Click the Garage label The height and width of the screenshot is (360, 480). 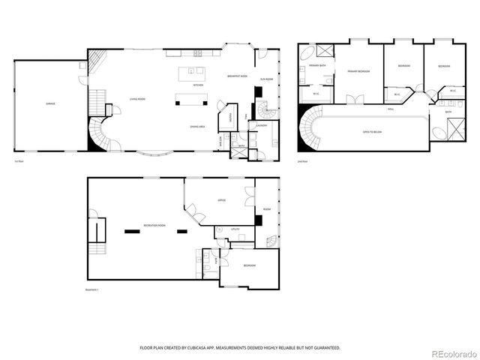(x=50, y=103)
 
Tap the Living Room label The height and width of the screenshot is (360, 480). (x=137, y=98)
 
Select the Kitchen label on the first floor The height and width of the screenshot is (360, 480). (x=198, y=85)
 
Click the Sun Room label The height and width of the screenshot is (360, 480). (x=265, y=78)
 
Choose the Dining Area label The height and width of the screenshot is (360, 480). (x=198, y=127)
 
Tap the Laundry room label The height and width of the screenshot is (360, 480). (x=262, y=125)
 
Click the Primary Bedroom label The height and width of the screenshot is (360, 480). (x=358, y=71)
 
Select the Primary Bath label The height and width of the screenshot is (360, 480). (x=317, y=66)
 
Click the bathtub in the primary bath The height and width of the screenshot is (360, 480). (x=307, y=55)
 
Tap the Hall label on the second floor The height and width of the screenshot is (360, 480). (x=391, y=109)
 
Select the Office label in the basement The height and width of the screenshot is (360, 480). (x=222, y=200)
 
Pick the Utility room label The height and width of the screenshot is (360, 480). (x=235, y=229)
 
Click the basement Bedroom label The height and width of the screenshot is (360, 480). (x=249, y=266)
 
